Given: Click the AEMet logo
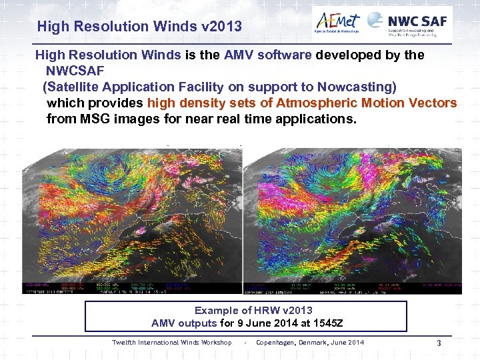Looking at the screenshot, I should pyautogui.click(x=337, y=22).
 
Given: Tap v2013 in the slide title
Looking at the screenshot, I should pyautogui.click(x=219, y=27).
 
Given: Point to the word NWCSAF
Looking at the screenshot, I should pyautogui.click(x=75, y=71).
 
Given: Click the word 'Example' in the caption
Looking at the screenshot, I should pyautogui.click(x=215, y=310).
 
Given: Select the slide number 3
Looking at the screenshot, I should pyautogui.click(x=439, y=343).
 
